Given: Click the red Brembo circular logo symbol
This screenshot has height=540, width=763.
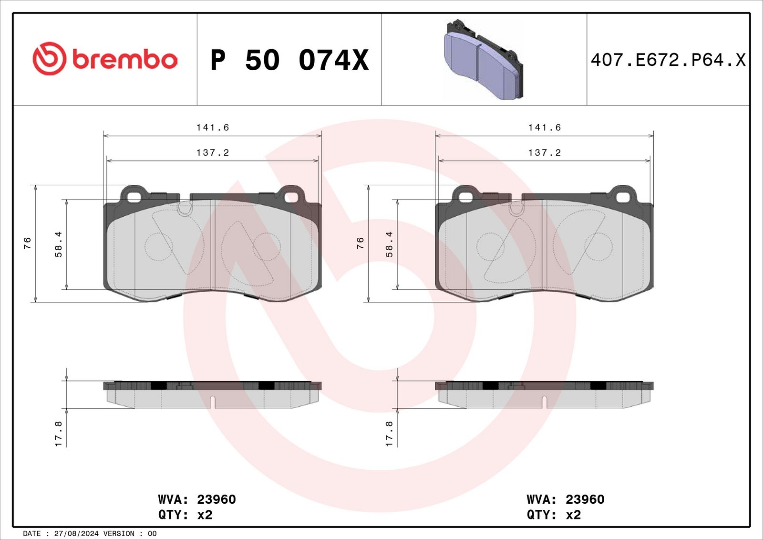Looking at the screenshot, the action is tap(49, 59).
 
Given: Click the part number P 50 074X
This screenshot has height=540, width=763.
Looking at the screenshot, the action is tap(289, 60).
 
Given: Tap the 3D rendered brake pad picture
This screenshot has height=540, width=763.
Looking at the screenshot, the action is tap(484, 60).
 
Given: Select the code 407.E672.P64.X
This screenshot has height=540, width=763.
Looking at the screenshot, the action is tap(668, 60).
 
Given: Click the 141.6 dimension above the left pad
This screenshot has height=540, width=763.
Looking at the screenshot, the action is tap(213, 127).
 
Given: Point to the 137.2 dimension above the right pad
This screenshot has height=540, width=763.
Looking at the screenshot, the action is tap(544, 152).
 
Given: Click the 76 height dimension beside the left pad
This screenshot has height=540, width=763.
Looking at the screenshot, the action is tap(27, 243).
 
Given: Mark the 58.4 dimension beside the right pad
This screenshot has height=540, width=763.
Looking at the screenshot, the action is tap(389, 244).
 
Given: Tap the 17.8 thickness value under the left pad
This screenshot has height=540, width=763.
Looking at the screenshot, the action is tap(58, 434).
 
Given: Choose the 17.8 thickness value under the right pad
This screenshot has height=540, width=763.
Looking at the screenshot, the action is tap(389, 434).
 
